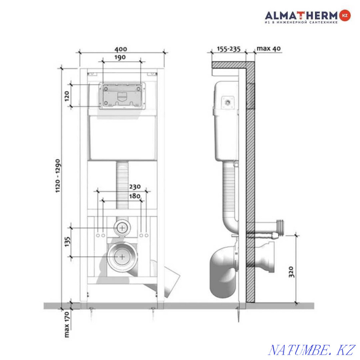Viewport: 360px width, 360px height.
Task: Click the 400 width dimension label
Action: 121,49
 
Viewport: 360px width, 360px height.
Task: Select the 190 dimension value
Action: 120,57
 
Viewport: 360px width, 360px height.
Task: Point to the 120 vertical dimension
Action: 67,96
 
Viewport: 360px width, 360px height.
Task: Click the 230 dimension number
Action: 135,187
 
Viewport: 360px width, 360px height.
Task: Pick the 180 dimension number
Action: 135,196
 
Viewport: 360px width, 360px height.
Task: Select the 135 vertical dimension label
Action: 67,242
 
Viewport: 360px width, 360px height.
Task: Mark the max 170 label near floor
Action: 67,324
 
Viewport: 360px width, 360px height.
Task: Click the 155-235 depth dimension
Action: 229,49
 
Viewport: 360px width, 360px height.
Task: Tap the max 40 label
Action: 269,49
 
